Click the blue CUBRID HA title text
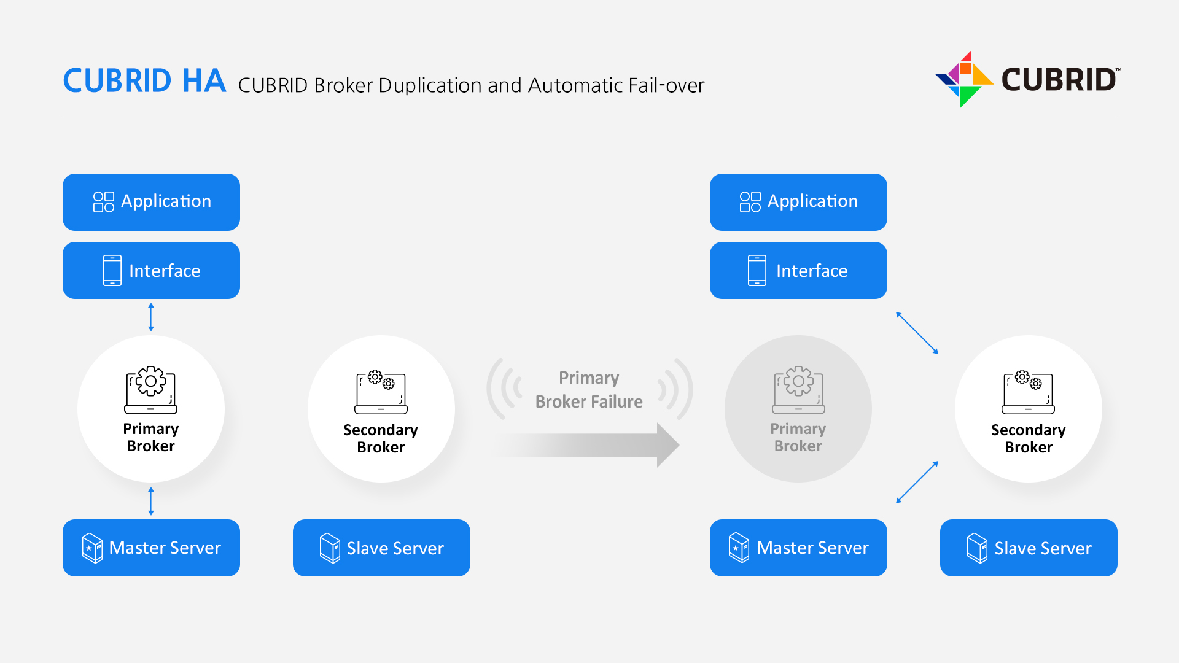pos(144,81)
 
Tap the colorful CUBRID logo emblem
pos(963,79)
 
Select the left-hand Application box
pos(151,202)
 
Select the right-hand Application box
pos(798,202)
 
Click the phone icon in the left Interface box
pos(112,271)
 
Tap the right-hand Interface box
pos(798,271)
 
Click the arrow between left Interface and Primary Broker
pos(151,317)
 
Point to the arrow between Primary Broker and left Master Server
pos(151,501)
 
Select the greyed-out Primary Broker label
pos(798,437)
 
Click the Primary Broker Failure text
pos(589,390)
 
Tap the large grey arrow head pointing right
pos(667,445)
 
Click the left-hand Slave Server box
pos(381,548)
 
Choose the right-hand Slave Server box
pos(1029,548)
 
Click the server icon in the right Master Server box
pos(739,548)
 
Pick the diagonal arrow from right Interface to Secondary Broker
pos(917,333)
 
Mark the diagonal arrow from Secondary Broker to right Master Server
pos(917,483)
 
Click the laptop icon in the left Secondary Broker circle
pos(381,392)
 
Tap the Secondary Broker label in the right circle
pos(1028,438)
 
